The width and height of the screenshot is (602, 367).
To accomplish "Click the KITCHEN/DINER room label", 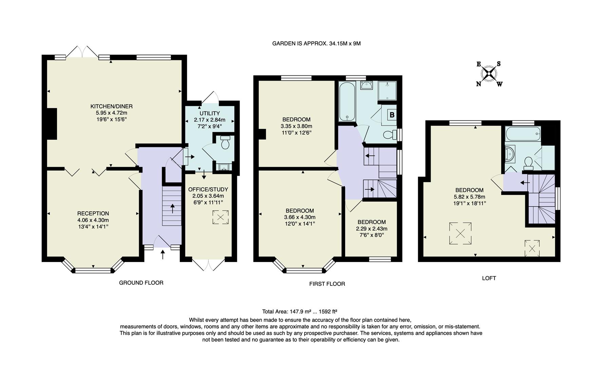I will coord(111,106).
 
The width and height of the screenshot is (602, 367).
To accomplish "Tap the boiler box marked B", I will coord(392,115).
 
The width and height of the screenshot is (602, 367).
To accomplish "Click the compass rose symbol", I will coord(489,74).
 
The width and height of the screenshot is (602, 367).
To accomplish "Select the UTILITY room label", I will coord(209,113).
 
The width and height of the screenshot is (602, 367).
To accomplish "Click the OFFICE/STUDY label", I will coord(208,189).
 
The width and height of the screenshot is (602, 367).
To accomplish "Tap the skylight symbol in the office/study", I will coord(220,217).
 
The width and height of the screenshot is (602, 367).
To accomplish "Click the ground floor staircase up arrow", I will coord(172,208).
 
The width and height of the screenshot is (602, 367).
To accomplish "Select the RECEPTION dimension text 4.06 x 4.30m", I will coord(93,220).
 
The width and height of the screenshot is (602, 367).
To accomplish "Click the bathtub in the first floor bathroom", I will coord(347,101).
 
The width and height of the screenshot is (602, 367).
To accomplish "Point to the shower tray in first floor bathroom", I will coord(387,91).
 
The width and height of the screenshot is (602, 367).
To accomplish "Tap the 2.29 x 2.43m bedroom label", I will coord(372,229).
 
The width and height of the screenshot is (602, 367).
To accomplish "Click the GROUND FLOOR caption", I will coord(141,283).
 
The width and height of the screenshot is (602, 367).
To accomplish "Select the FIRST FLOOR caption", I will coord(327,284).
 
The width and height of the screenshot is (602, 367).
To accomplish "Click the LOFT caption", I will coord(489,278).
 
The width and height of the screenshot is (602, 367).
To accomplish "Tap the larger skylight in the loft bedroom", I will coord(460,233).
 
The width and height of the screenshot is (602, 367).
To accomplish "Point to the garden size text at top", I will coord(316,43).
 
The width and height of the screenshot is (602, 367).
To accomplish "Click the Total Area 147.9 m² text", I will coord(299,311).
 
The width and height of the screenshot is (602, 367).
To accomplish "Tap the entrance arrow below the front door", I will coord(163,254).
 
